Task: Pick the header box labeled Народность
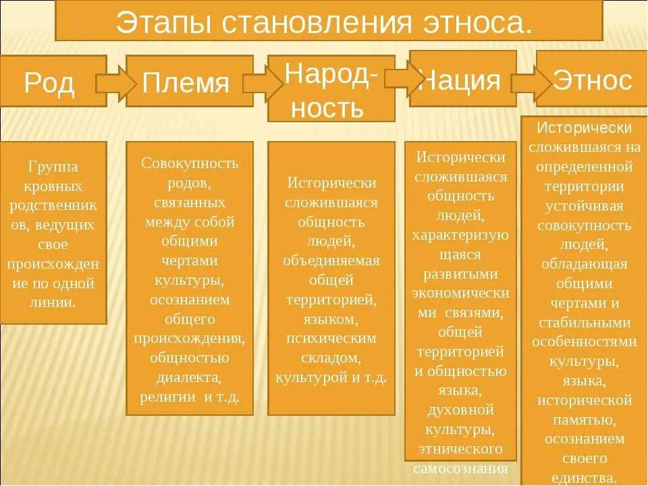pyautogui.click(x=331, y=88)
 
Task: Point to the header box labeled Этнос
pyautogui.click(x=592, y=80)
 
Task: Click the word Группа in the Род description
pyautogui.click(x=53, y=166)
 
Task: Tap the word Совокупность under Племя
pyautogui.click(x=190, y=163)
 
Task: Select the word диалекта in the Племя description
pyautogui.click(x=190, y=377)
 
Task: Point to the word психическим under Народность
pyautogui.click(x=331, y=339)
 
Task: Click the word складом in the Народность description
pyautogui.click(x=331, y=358)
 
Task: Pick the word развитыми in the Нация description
pyautogui.click(x=461, y=274)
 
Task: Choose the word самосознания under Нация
pyautogui.click(x=461, y=468)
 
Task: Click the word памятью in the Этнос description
pyautogui.click(x=585, y=420)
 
